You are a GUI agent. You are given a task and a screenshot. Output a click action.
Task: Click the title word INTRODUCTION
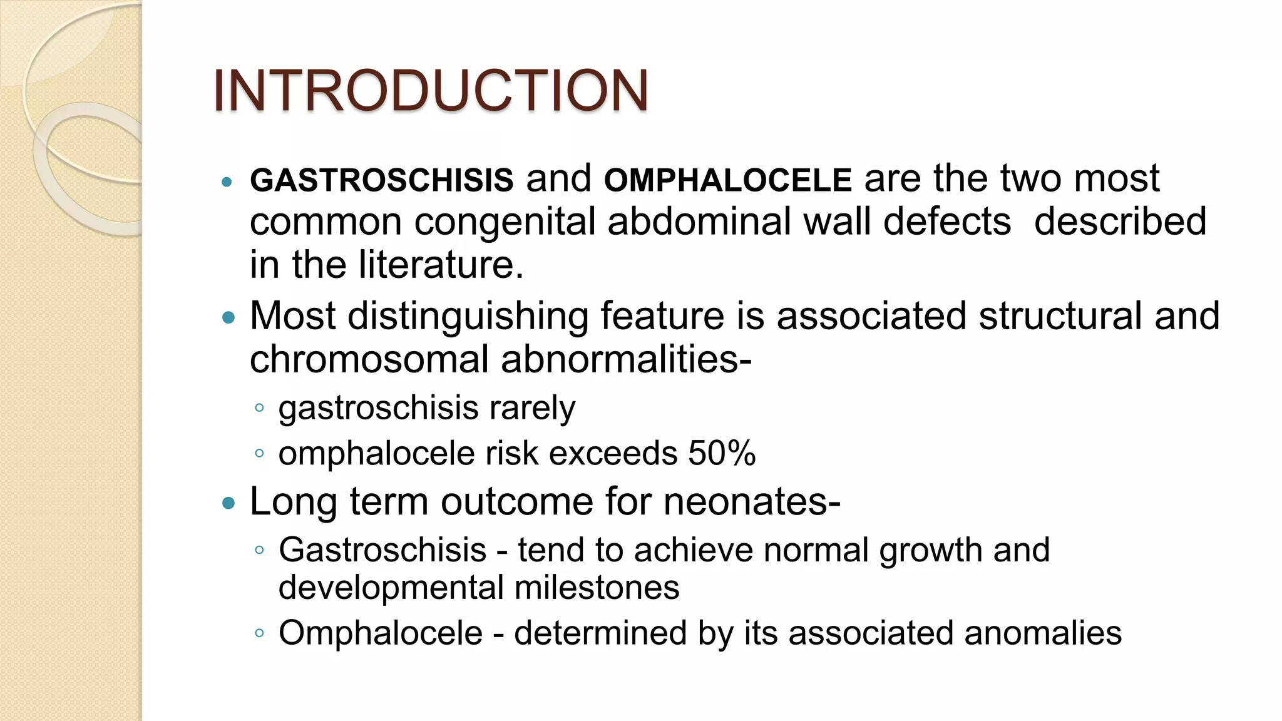pyautogui.click(x=431, y=91)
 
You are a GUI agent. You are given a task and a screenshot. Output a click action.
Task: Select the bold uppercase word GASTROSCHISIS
pyautogui.click(x=382, y=180)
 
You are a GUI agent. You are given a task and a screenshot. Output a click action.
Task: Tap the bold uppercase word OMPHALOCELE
pyautogui.click(x=728, y=180)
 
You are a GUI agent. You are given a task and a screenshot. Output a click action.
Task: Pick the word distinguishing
pyautogui.click(x=468, y=316)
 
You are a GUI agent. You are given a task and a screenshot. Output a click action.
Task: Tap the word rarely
pyautogui.click(x=532, y=409)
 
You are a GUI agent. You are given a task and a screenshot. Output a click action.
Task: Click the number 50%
pyautogui.click(x=722, y=453)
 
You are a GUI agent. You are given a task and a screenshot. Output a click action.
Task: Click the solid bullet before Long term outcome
pyautogui.click(x=228, y=503)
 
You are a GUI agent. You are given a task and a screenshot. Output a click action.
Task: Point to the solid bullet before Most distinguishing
pyautogui.click(x=228, y=317)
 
